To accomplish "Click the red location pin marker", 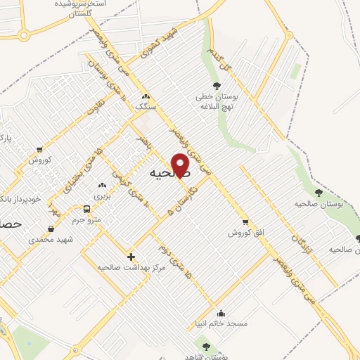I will pyautogui.click(x=181, y=165).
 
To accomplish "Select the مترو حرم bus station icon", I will pyautogui.click(x=86, y=209).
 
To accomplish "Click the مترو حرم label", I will pyautogui.click(x=89, y=220).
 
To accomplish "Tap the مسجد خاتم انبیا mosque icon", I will pyautogui.click(x=221, y=314).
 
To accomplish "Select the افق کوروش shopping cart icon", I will pyautogui.click(x=245, y=221).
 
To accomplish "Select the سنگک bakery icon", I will pyautogui.click(x=145, y=97).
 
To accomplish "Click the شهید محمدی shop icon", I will pyautogui.click(x=51, y=229).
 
